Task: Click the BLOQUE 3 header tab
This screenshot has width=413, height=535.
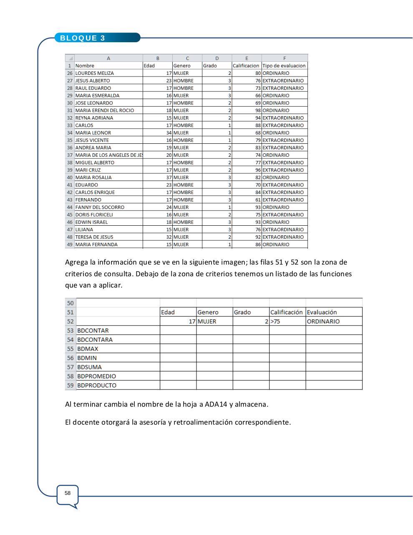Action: pos(83,38)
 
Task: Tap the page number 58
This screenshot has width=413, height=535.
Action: pos(68,493)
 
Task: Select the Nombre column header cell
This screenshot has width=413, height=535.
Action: pos(85,66)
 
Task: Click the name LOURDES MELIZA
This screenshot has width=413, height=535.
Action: pos(94,73)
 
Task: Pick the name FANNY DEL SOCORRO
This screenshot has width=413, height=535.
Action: pos(100,207)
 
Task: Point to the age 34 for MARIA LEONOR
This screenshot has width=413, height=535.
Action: pos(169,133)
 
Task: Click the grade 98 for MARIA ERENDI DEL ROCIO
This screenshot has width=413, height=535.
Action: pos(258,110)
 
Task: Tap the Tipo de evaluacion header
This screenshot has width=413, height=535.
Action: pos(284,66)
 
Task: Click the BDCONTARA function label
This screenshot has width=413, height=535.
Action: pos(95,340)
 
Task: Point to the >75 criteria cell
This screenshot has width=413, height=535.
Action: pos(275,321)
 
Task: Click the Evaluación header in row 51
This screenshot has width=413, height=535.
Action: pos(322,312)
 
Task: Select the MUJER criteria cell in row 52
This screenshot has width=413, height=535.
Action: pos(207,321)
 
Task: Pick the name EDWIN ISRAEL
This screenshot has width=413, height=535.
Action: pos(91,222)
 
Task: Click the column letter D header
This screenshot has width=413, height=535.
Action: pos(217,59)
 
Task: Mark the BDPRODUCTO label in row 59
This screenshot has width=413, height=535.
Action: pos(97,385)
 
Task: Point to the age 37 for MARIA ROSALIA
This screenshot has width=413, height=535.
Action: pos(169,178)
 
